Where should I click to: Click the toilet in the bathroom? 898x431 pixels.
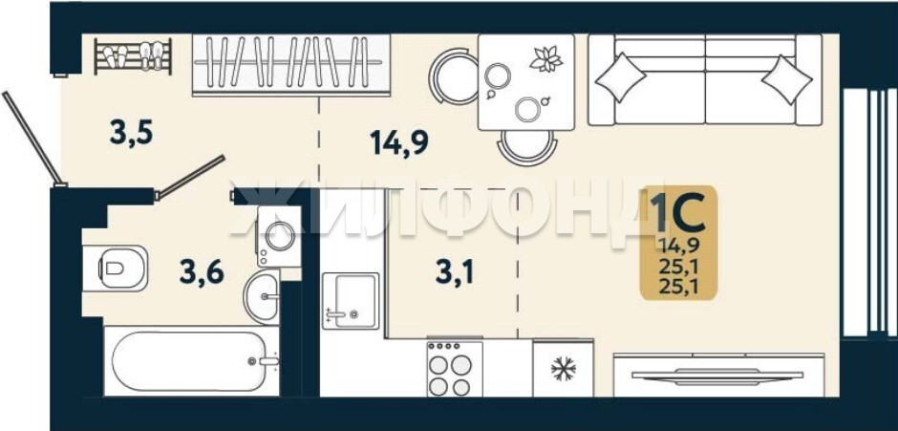point(115,268)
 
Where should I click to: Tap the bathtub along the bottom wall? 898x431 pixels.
point(191,361)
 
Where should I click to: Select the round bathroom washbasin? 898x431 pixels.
point(262,297)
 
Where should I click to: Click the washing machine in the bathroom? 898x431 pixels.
point(279,236)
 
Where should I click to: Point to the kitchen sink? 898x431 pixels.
point(351,301)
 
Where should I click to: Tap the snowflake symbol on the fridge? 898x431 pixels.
point(563,369)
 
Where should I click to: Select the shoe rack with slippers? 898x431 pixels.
point(133,55)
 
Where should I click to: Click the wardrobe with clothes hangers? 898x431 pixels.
point(291,64)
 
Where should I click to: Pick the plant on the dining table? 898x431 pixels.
point(546,58)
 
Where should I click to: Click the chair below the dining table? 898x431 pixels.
point(527,148)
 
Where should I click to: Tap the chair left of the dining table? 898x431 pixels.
point(454,75)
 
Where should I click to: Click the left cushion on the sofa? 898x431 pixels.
point(620,77)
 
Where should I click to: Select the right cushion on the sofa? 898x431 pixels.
point(787,79)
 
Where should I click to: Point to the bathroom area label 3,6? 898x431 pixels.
point(202,271)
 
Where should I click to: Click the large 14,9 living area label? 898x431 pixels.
point(399,142)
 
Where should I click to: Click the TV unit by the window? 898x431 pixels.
point(718,375)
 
